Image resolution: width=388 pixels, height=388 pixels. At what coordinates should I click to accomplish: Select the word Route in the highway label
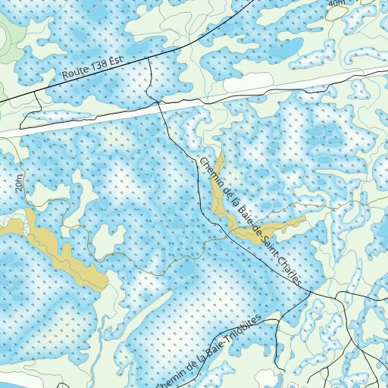80,75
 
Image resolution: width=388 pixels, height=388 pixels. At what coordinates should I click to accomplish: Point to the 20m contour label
17,184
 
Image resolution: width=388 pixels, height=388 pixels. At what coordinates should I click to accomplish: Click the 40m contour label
336,4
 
